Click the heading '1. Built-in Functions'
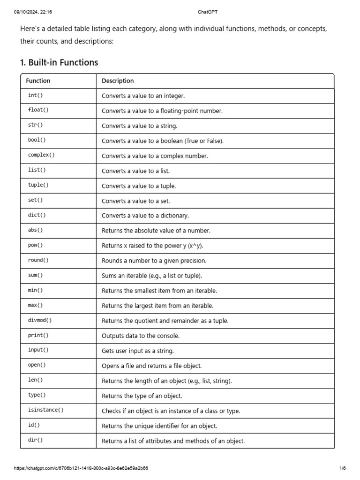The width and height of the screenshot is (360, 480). (59, 62)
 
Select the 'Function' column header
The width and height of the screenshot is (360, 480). (38, 81)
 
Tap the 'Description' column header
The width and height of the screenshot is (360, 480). (118, 81)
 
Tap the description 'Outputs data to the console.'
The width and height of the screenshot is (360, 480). (141, 336)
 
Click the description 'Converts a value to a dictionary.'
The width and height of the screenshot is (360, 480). (145, 216)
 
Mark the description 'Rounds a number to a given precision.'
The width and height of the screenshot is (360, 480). (154, 261)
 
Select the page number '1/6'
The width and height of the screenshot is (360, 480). (342, 468)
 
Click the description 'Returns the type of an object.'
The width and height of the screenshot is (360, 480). (142, 396)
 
